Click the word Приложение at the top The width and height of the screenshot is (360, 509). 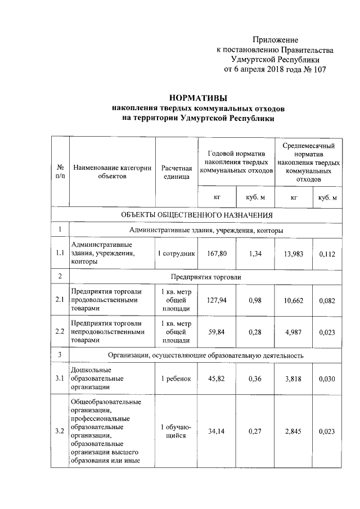[x=275, y=40]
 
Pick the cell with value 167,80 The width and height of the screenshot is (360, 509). [x=217, y=254]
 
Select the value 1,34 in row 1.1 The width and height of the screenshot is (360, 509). [x=255, y=254]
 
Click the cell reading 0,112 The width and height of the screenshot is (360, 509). [x=327, y=254]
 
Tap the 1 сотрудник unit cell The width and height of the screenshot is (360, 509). [x=177, y=254]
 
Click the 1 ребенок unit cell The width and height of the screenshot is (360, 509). [x=177, y=379]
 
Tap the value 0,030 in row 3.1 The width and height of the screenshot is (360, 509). [x=327, y=379]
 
